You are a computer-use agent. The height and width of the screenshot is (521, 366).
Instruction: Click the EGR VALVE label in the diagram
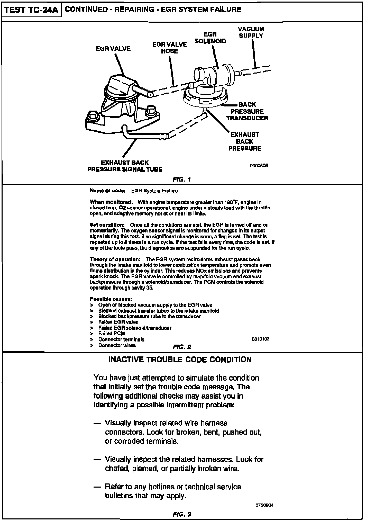(113, 49)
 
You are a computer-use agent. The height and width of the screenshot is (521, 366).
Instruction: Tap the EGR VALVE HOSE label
(169, 48)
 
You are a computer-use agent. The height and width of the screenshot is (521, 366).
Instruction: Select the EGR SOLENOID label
(210, 38)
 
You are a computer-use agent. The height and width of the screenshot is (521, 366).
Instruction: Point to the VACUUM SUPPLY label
(251, 33)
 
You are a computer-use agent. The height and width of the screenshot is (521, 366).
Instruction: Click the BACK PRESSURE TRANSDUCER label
(247, 111)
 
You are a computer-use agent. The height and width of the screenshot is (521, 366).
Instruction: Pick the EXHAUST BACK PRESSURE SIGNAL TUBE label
(125, 166)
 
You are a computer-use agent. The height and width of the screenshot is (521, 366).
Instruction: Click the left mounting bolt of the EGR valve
(92, 116)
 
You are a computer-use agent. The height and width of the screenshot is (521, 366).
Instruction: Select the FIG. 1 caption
(182, 179)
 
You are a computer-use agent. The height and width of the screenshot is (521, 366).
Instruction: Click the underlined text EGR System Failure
(154, 191)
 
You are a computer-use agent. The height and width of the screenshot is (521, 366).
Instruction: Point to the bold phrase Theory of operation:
(115, 259)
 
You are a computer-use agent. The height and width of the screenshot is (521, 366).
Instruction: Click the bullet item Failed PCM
(112, 334)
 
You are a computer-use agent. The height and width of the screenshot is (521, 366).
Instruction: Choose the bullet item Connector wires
(117, 345)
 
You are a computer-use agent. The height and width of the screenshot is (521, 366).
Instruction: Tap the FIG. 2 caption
(182, 347)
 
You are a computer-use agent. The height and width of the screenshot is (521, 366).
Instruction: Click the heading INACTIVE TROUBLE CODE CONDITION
(180, 360)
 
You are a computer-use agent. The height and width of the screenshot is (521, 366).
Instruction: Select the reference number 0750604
(264, 505)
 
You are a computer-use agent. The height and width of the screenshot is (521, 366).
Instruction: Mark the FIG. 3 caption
(182, 515)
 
